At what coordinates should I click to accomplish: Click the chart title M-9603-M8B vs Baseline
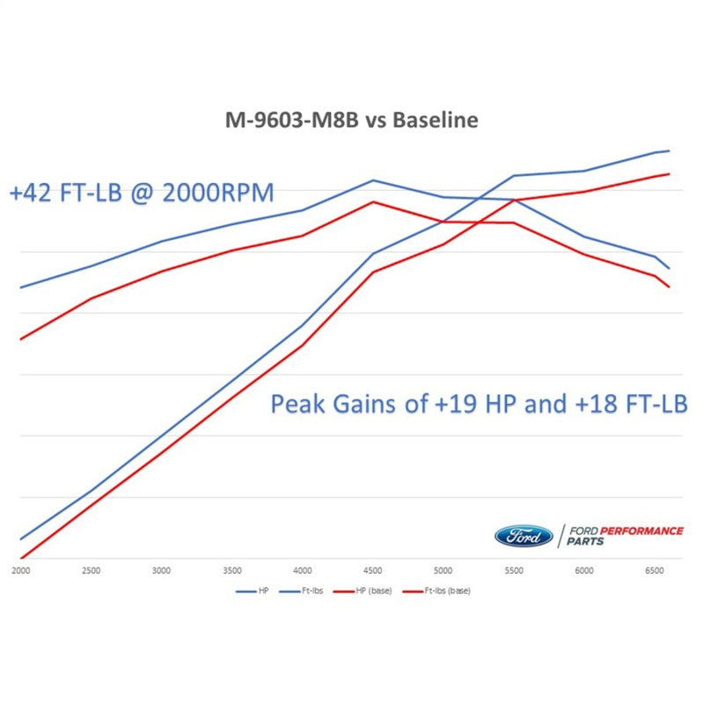pyautogui.click(x=350, y=120)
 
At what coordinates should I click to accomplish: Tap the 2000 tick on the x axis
pyautogui.click(x=19, y=570)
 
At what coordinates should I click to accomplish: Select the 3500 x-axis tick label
pyautogui.click(x=231, y=570)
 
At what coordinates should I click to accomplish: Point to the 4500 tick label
pyautogui.click(x=373, y=570)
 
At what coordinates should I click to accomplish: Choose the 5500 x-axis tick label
pyautogui.click(x=514, y=570)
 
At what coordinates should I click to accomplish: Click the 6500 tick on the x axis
pyautogui.click(x=655, y=570)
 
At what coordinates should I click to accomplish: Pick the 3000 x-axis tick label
pyautogui.click(x=161, y=570)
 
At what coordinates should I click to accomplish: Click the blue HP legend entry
pyautogui.click(x=254, y=591)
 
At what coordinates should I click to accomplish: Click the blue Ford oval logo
pyautogui.click(x=524, y=536)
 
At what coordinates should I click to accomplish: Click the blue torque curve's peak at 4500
pyautogui.click(x=373, y=180)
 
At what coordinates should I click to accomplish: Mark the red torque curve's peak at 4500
pyautogui.click(x=373, y=202)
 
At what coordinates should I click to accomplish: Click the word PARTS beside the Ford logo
pyautogui.click(x=585, y=542)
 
